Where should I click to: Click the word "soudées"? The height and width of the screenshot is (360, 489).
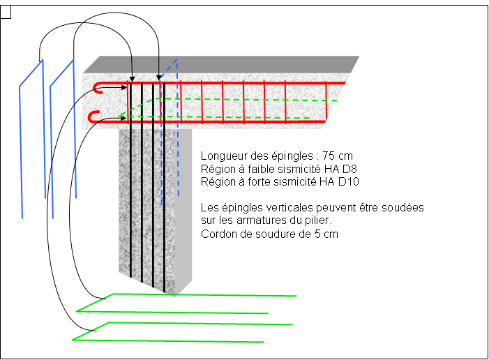tap(403, 208)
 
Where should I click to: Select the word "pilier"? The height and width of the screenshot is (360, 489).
tap(317, 220)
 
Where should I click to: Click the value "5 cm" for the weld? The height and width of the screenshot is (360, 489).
tap(326, 234)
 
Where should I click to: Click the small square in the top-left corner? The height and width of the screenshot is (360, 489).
tap(6, 11)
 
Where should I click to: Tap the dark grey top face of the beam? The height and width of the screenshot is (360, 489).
tap(223, 64)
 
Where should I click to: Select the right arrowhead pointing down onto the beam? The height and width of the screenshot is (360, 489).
tap(158, 77)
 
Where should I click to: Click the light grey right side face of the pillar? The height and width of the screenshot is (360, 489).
tap(184, 209)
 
